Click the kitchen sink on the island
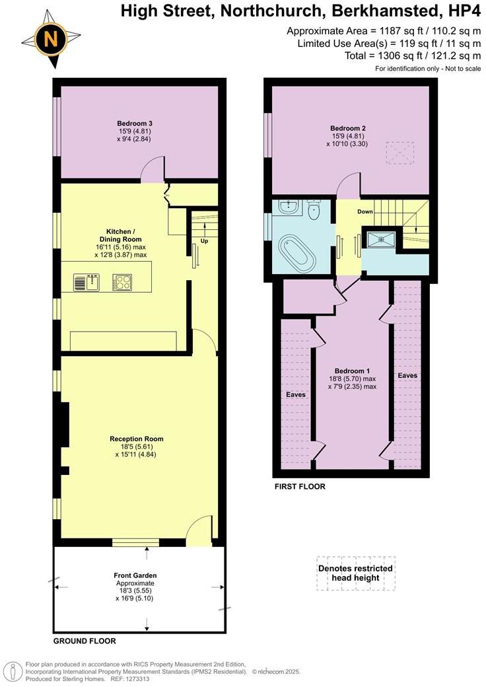(86, 283)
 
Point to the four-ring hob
(122, 283)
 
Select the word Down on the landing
(364, 212)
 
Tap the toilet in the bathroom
(314, 211)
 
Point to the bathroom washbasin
(287, 207)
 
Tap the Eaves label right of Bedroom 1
(407, 375)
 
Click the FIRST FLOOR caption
(299, 487)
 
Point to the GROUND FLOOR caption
(85, 641)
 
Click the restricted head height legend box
(355, 573)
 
